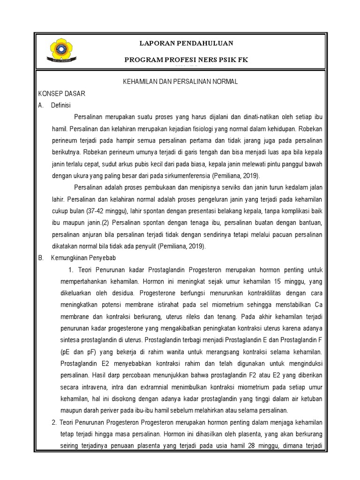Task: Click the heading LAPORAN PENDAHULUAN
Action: click(x=187, y=43)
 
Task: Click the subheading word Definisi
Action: click(x=60, y=105)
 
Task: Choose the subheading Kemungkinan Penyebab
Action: click(x=83, y=258)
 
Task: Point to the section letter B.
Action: click(x=41, y=258)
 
